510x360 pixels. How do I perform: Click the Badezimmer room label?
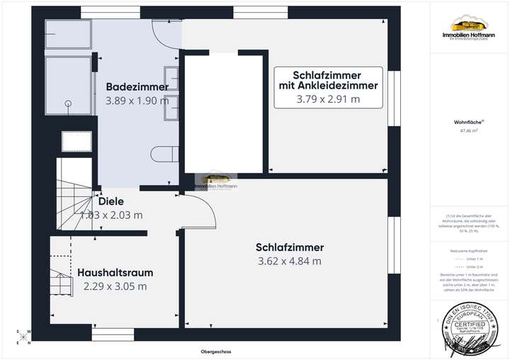[137, 87]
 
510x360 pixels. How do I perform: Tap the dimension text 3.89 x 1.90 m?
[137, 101]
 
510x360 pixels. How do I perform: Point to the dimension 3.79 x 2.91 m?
[328, 100]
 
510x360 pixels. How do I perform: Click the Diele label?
[111, 201]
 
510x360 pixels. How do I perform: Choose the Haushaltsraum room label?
[115, 272]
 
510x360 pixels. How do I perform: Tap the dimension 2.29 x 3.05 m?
[115, 286]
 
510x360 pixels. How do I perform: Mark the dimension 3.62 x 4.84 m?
[289, 261]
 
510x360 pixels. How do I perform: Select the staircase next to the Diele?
[73, 206]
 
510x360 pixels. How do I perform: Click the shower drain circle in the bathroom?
[68, 103]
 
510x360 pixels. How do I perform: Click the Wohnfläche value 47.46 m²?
[468, 131]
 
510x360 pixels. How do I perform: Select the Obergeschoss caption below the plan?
[217, 351]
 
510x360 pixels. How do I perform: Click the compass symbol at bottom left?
[23, 335]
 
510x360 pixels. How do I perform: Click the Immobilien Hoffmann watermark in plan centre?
[217, 182]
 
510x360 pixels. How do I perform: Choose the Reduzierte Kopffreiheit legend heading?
[468, 251]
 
